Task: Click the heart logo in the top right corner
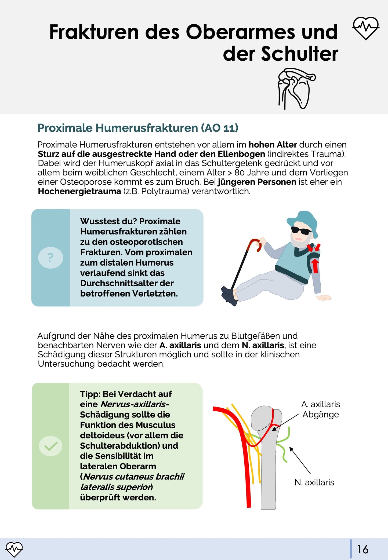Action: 366,28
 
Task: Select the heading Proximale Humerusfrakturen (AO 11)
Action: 138,128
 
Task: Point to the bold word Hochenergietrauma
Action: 79,191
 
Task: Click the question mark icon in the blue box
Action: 50,258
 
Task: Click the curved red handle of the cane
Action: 255,243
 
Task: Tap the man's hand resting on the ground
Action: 325,297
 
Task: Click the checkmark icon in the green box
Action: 50,446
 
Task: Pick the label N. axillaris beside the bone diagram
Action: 314,482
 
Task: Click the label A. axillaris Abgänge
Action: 320,409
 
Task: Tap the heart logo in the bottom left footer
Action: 14,549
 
